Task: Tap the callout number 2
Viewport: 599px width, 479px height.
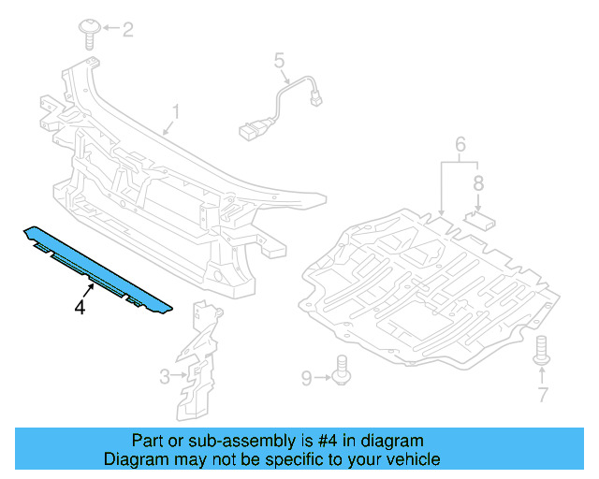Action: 128,29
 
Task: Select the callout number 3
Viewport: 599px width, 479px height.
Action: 165,376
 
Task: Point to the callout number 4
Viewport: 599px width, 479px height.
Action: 80,307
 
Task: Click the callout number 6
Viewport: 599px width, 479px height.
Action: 460,145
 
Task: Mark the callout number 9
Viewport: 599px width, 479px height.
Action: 306,377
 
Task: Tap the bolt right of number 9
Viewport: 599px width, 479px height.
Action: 343,370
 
